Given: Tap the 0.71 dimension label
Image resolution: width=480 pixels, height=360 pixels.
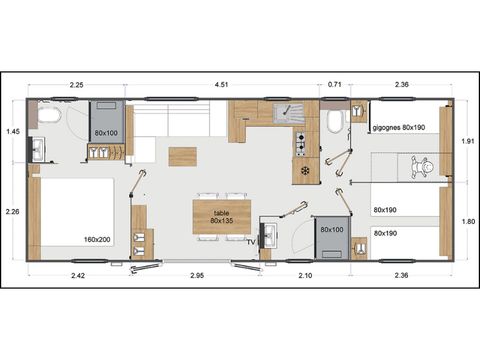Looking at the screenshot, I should pyautogui.click(x=335, y=85).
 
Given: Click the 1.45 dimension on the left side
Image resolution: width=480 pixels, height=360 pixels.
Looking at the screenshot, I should pyautogui.click(x=13, y=132).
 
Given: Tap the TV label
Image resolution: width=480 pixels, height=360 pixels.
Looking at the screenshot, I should pyautogui.click(x=253, y=240).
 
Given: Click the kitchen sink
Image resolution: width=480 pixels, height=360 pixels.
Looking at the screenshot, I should pyautogui.click(x=294, y=113).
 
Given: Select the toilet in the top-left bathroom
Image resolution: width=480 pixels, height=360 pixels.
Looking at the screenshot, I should pyautogui.click(x=48, y=116).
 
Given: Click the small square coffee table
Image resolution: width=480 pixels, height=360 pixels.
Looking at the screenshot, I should pyautogui.click(x=182, y=156).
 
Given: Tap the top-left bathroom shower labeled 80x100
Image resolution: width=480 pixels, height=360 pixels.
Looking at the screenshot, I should pyautogui.click(x=105, y=120).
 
